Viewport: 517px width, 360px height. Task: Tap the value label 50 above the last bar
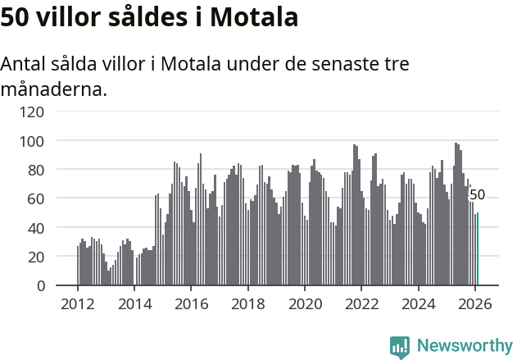[x=477, y=195]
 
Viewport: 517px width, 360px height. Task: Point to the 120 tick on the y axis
[x=33, y=112]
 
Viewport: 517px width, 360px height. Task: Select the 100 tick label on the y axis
[x=33, y=141]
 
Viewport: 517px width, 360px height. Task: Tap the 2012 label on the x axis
[x=78, y=303]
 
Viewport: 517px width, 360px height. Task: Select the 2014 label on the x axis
[x=134, y=303]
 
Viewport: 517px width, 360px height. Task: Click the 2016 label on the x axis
[x=191, y=303]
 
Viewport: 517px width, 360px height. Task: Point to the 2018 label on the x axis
[x=248, y=303]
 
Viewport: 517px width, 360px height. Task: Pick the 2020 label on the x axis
[x=305, y=303]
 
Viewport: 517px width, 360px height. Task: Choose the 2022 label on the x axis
[x=361, y=303]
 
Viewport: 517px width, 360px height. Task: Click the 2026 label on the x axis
[x=475, y=303]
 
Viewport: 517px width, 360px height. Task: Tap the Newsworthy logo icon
[x=400, y=347]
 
